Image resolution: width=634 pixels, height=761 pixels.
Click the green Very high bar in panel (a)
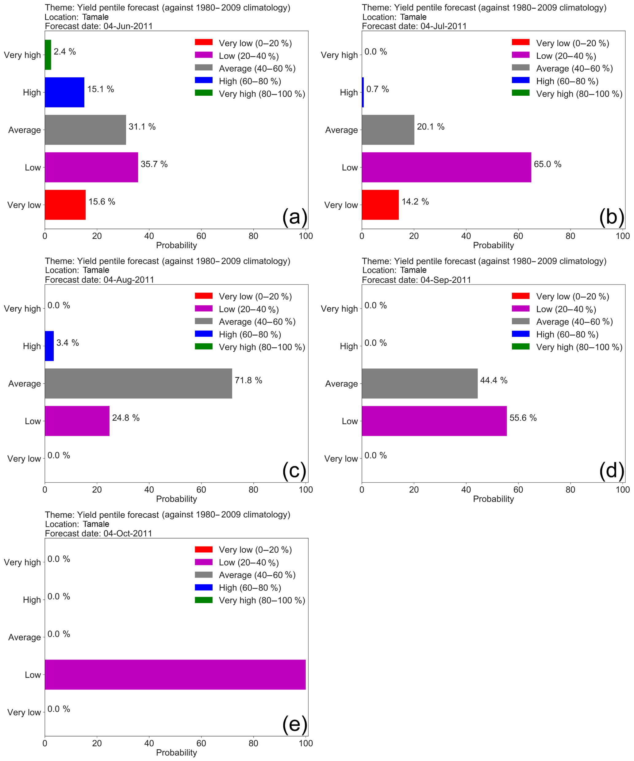coord(48,55)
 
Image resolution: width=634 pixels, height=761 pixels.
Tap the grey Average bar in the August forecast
coord(138,383)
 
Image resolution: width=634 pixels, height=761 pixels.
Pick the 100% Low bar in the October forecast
coord(175,674)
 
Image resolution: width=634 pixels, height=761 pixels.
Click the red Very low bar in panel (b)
coord(380,205)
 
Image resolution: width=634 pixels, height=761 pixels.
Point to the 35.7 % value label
coord(154,164)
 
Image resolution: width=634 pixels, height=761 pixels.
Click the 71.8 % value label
coord(248,380)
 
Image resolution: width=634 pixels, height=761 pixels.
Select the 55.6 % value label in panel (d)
coord(523,418)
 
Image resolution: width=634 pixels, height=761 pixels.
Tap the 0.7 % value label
coord(378,89)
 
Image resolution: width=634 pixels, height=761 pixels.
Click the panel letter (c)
coord(294,470)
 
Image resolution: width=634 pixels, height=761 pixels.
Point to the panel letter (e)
coord(294,724)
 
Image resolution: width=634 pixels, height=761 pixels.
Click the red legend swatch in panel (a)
coord(204,42)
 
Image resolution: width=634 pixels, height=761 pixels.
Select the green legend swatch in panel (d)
coord(521,346)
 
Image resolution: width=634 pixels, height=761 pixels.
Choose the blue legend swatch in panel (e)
coord(204,587)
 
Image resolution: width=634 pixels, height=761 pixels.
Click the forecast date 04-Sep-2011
coord(446,280)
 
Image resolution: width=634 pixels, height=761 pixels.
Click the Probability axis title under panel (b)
coord(493,245)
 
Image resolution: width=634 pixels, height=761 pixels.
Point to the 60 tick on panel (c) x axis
coord(201,489)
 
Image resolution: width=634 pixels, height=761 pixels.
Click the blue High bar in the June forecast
coord(64,92)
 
